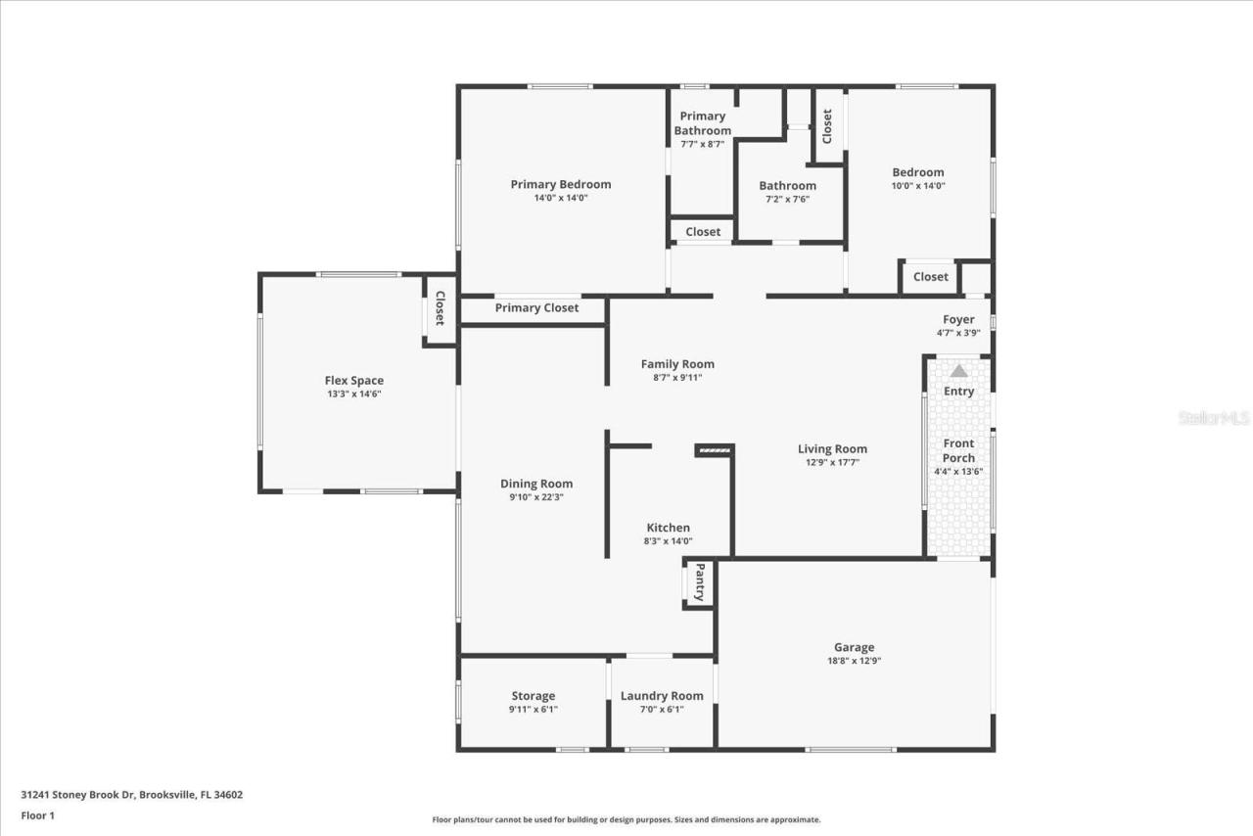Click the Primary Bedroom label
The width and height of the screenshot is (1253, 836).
point(561,184)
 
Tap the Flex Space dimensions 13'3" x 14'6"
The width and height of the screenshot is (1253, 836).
point(354,395)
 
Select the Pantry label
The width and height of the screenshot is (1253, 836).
point(700,582)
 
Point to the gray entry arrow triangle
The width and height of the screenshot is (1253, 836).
point(959,371)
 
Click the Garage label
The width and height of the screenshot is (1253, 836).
point(854,647)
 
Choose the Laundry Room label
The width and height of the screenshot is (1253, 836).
point(662,696)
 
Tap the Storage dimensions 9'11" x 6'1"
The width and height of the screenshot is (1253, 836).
point(533,710)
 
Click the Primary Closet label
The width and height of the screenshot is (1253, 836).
point(536,307)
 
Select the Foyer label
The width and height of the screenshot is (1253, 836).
point(958,319)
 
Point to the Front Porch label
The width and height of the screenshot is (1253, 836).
point(958,450)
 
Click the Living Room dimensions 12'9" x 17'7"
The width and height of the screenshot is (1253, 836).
point(832,463)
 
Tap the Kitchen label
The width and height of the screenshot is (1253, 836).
point(668,528)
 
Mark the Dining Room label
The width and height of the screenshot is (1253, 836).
point(536,484)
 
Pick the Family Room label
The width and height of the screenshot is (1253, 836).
point(677,364)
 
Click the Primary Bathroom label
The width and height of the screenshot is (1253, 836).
point(703,123)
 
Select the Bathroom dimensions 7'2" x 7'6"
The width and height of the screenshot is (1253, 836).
point(787,200)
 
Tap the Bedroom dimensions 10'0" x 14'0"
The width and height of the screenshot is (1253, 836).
point(918,186)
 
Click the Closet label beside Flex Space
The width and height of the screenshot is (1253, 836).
point(440,308)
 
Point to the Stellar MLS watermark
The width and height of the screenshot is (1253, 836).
point(1214,418)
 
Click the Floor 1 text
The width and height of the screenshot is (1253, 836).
point(37,814)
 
